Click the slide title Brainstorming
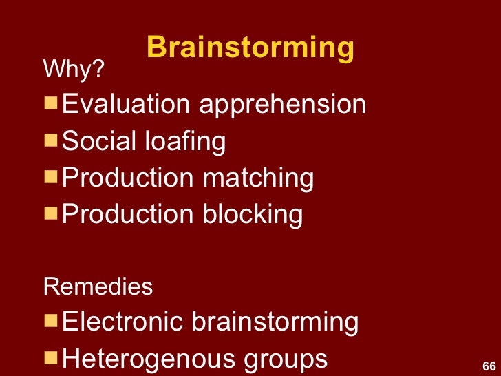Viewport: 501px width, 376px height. click(x=250, y=48)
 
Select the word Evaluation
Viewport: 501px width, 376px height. click(x=126, y=105)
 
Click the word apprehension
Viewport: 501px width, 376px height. click(x=282, y=106)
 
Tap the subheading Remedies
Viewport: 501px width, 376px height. click(x=98, y=286)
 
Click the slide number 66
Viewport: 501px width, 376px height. click(x=489, y=365)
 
